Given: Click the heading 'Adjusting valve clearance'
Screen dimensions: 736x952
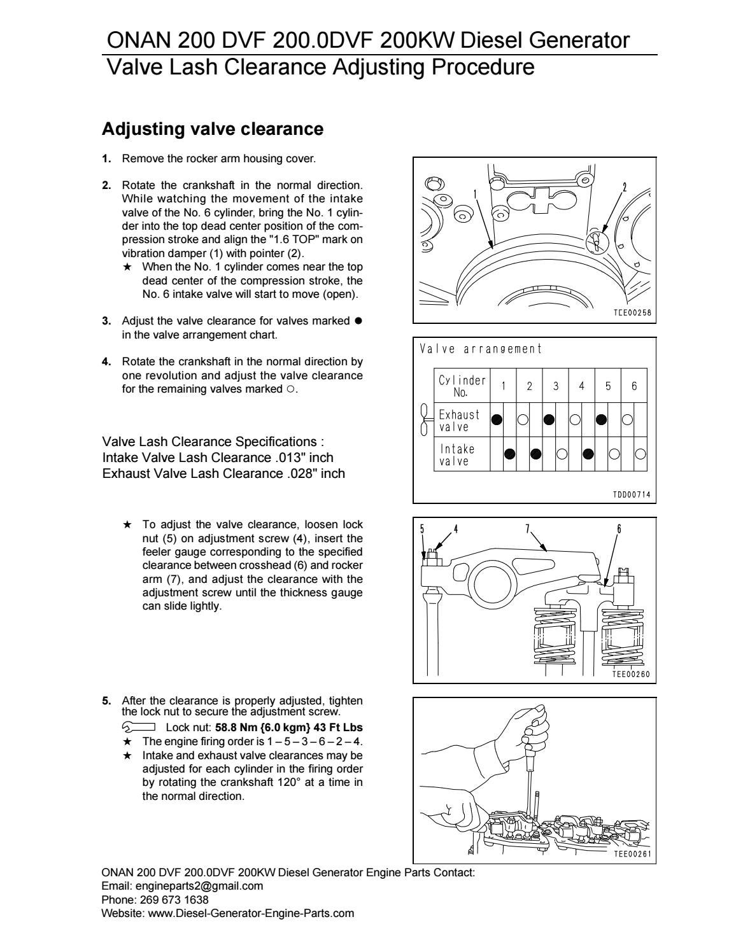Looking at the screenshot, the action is click(213, 129).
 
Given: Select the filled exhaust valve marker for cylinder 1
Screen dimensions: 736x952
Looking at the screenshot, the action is click(497, 420).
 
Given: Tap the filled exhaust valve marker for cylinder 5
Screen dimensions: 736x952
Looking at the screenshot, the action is click(602, 420).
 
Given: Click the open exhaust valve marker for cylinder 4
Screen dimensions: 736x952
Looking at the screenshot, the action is click(575, 420).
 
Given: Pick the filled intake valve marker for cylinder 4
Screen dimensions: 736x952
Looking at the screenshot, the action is click(588, 454).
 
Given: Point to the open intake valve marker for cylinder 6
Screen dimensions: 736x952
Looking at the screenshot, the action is click(640, 454).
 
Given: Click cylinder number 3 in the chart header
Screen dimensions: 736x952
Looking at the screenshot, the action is click(555, 386).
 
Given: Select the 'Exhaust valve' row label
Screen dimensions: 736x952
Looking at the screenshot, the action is click(459, 420).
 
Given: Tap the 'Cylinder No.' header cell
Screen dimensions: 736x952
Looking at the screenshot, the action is click(462, 386).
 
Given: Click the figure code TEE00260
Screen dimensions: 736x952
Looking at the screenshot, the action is click(631, 675).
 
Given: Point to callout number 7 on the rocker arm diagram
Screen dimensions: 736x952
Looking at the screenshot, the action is click(528, 529).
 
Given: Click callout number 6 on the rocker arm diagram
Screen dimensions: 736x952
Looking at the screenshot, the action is click(619, 529).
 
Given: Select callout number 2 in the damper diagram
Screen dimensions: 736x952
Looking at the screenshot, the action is click(625, 187).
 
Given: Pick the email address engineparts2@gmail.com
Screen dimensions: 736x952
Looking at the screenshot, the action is click(199, 886).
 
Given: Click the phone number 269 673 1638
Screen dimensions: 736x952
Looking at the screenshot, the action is click(174, 899).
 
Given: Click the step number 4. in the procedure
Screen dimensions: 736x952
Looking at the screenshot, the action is click(106, 362).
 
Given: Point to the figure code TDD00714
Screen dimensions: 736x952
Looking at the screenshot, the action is click(632, 494).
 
